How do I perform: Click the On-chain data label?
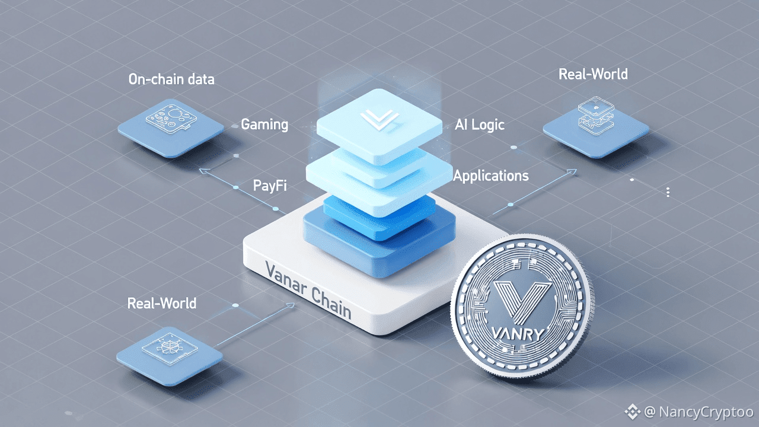pyautogui.click(x=171, y=79)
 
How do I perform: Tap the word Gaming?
pyautogui.click(x=264, y=125)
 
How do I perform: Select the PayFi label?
pyautogui.click(x=270, y=186)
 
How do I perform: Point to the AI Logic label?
pyautogui.click(x=480, y=125)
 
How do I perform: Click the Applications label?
pyautogui.click(x=490, y=176)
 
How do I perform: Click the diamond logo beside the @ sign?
pyautogui.click(x=633, y=411)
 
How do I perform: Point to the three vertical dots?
pyautogui.click(x=668, y=192)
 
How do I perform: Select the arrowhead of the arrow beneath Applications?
pyautogui.click(x=572, y=173)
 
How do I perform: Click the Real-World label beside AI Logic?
pyautogui.click(x=593, y=75)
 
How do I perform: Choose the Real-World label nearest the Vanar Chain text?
pyautogui.click(x=161, y=304)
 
